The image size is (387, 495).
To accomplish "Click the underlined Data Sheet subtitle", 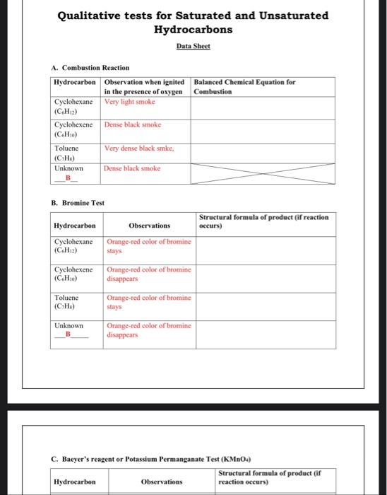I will tap(193, 45).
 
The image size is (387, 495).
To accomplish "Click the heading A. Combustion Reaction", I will tap(90, 68).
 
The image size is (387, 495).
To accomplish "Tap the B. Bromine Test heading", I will tap(78, 203).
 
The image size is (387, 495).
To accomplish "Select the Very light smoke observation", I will tap(129, 102).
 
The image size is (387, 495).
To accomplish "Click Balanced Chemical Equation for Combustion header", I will tap(244, 87).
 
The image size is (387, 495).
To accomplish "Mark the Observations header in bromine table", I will tap(149, 225).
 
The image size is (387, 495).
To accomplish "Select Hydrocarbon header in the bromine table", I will tap(75, 225).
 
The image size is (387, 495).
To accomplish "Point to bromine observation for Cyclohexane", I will tap(148, 245).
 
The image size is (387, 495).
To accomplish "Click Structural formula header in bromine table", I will tap(263, 221).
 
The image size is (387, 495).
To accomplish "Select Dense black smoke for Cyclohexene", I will tap(133, 124).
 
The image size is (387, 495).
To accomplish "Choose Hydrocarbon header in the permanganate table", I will tap(75, 482).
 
